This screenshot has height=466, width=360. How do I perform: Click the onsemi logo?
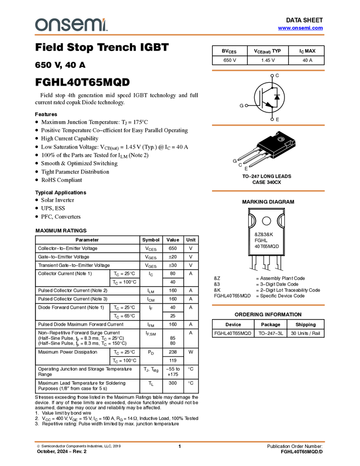click(x=71, y=25)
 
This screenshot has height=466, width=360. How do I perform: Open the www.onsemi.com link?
click(x=300, y=28)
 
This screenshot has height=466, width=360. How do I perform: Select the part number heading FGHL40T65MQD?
click(x=82, y=82)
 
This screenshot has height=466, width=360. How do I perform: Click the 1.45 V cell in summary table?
click(x=268, y=60)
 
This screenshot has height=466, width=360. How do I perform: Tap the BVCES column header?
click(x=229, y=51)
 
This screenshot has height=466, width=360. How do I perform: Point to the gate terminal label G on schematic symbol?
click(x=242, y=105)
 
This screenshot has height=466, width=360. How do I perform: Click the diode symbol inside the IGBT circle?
click(x=277, y=97)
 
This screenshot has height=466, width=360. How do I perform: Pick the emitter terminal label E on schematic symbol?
click(x=277, y=120)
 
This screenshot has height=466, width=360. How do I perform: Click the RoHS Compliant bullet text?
click(x=61, y=180)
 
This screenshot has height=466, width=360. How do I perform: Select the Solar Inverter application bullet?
click(x=58, y=200)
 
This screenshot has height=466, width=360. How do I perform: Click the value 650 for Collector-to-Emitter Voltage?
click(x=173, y=248)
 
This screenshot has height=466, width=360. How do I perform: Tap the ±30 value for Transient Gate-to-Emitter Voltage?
click(x=173, y=265)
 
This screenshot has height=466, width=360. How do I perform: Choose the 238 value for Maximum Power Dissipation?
click(x=173, y=352)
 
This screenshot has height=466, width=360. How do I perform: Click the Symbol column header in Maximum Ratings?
click(x=151, y=240)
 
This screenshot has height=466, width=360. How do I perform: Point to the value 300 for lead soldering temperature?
click(x=173, y=383)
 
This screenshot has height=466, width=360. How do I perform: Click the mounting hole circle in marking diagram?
click(x=266, y=221)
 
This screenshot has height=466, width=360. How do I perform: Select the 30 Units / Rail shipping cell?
click(x=305, y=333)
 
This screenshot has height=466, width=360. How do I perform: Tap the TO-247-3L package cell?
click(x=271, y=333)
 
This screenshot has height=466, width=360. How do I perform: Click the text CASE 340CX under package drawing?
click(x=267, y=182)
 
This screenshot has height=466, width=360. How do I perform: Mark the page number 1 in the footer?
click(x=179, y=446)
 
